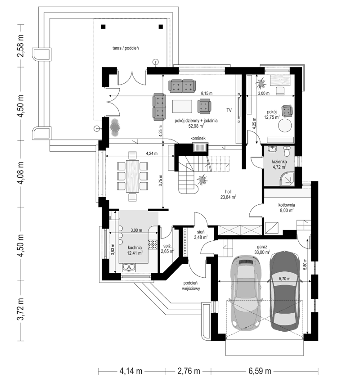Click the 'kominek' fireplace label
(198, 138)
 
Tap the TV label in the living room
(229, 110)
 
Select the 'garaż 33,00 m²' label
(262, 249)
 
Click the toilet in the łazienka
(287, 151)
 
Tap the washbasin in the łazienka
(272, 149)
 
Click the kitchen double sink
(129, 267)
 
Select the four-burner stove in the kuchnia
(153, 244)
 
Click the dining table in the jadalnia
(132, 176)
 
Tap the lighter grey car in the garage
(246, 293)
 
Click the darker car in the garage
(285, 291)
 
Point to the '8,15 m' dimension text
(207, 93)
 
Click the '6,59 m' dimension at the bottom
(260, 371)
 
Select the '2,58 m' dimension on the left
(21, 46)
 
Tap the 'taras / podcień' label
(126, 48)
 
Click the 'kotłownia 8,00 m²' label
(287, 207)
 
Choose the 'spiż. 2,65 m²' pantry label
(167, 248)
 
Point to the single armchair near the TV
(204, 106)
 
